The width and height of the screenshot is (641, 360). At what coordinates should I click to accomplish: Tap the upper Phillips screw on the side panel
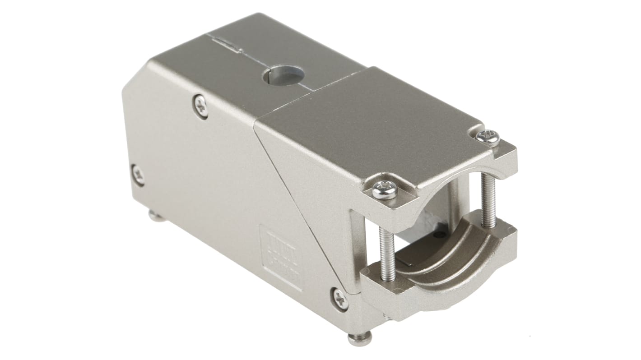(201, 106)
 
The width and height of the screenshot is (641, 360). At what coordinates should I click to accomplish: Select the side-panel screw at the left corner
(138, 175)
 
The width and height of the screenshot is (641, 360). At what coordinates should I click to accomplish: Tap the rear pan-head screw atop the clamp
(488, 138)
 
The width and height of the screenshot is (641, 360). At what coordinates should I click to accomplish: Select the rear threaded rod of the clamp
(488, 198)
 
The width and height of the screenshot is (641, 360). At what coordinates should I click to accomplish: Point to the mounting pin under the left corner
(157, 217)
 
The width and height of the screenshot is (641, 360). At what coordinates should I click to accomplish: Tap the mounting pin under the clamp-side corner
(360, 337)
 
